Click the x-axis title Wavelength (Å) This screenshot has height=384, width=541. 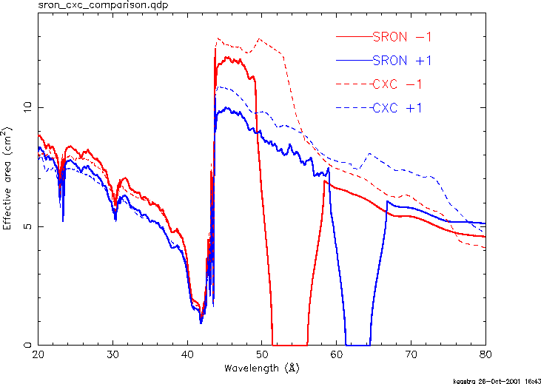point(262,367)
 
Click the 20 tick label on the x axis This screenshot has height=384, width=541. point(38,354)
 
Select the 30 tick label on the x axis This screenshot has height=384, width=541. point(112,354)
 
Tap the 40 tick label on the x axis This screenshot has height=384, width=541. point(187,354)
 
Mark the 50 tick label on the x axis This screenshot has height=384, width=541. point(262,354)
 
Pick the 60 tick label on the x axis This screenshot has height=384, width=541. point(337,354)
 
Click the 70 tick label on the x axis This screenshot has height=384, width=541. point(411,354)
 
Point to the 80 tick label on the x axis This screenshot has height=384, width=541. point(485,354)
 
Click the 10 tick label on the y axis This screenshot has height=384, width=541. point(27,107)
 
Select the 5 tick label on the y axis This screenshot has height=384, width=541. point(30,226)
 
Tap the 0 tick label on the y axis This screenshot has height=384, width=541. point(30,345)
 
